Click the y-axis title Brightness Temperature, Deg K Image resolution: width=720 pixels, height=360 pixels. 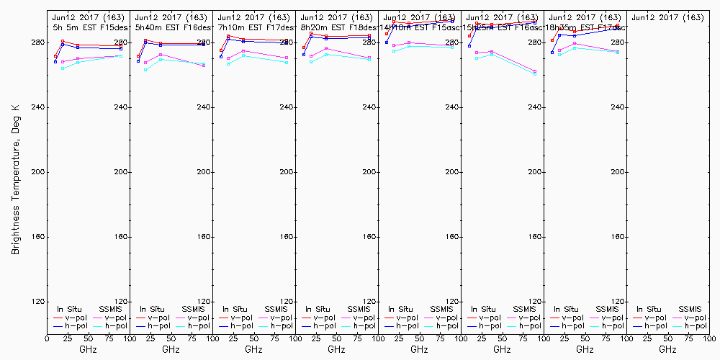point(15,179)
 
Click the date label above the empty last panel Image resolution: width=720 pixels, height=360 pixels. point(667,17)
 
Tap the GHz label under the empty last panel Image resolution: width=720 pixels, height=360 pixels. point(667,349)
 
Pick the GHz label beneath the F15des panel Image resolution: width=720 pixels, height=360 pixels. point(88,349)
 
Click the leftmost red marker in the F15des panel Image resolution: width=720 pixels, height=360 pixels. point(55,56)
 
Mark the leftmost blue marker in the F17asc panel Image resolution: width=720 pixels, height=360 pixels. point(552,53)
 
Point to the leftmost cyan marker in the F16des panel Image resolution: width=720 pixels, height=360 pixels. point(145,70)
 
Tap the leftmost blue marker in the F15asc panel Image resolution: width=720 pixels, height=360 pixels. point(387,42)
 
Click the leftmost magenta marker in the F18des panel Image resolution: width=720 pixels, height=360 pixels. point(311,56)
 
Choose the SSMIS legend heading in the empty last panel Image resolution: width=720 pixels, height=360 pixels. point(688,309)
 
